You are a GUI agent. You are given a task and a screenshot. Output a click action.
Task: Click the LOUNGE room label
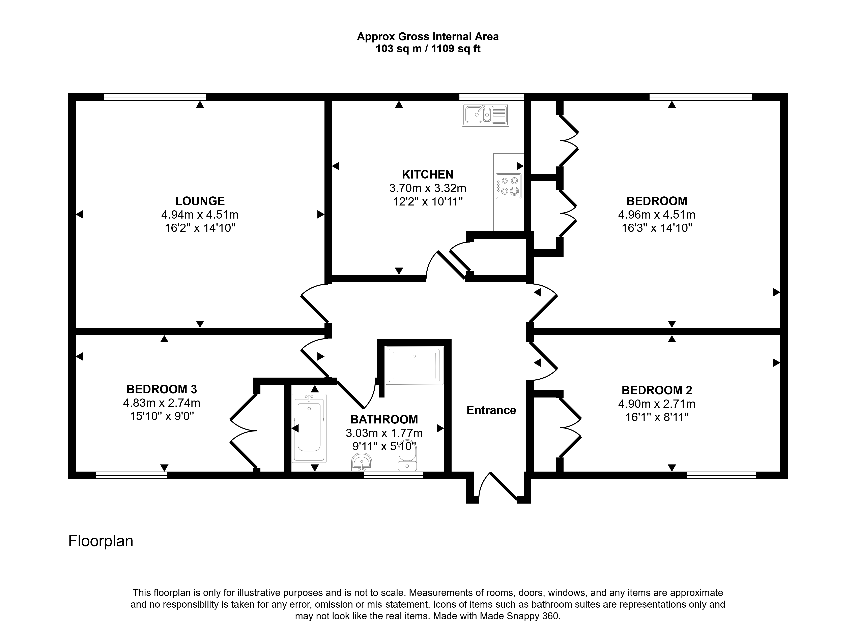(200, 201)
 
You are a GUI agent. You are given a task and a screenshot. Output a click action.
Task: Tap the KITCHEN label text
(428, 175)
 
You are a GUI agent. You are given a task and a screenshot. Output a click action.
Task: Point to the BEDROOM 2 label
(657, 390)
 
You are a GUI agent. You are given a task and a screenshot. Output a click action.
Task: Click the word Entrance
(491, 410)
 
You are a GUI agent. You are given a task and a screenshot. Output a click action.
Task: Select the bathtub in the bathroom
(309, 428)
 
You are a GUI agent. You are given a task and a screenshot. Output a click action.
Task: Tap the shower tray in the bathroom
(414, 365)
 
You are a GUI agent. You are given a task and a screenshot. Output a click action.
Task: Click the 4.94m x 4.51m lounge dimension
(200, 214)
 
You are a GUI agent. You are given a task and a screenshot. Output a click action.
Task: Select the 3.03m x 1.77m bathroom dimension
(384, 433)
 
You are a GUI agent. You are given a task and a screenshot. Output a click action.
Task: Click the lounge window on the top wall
(155, 97)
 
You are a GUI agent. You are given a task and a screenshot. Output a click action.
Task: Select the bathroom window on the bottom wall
(394, 475)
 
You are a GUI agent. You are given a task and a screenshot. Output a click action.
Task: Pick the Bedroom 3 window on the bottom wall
(132, 475)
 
